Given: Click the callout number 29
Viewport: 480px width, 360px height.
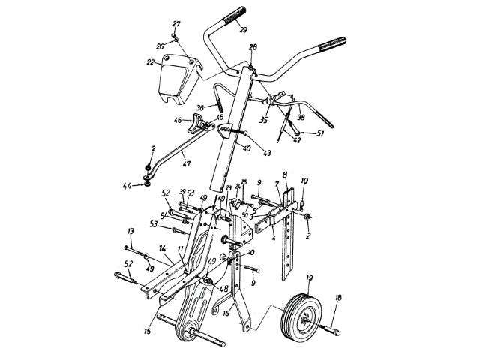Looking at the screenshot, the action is [243, 30].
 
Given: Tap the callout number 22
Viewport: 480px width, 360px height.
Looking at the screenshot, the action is [150, 62].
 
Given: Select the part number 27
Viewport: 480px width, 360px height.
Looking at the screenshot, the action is [176, 24].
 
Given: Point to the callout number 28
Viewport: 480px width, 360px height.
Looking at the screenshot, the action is [253, 47].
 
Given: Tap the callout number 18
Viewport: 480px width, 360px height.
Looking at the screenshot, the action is [337, 298].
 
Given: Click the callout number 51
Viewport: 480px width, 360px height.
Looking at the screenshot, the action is [319, 133].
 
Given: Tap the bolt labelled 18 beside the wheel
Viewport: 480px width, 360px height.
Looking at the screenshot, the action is [332, 329].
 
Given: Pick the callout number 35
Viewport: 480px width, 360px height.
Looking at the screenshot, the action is [262, 118].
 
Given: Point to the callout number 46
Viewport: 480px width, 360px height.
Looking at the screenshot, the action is [178, 120].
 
